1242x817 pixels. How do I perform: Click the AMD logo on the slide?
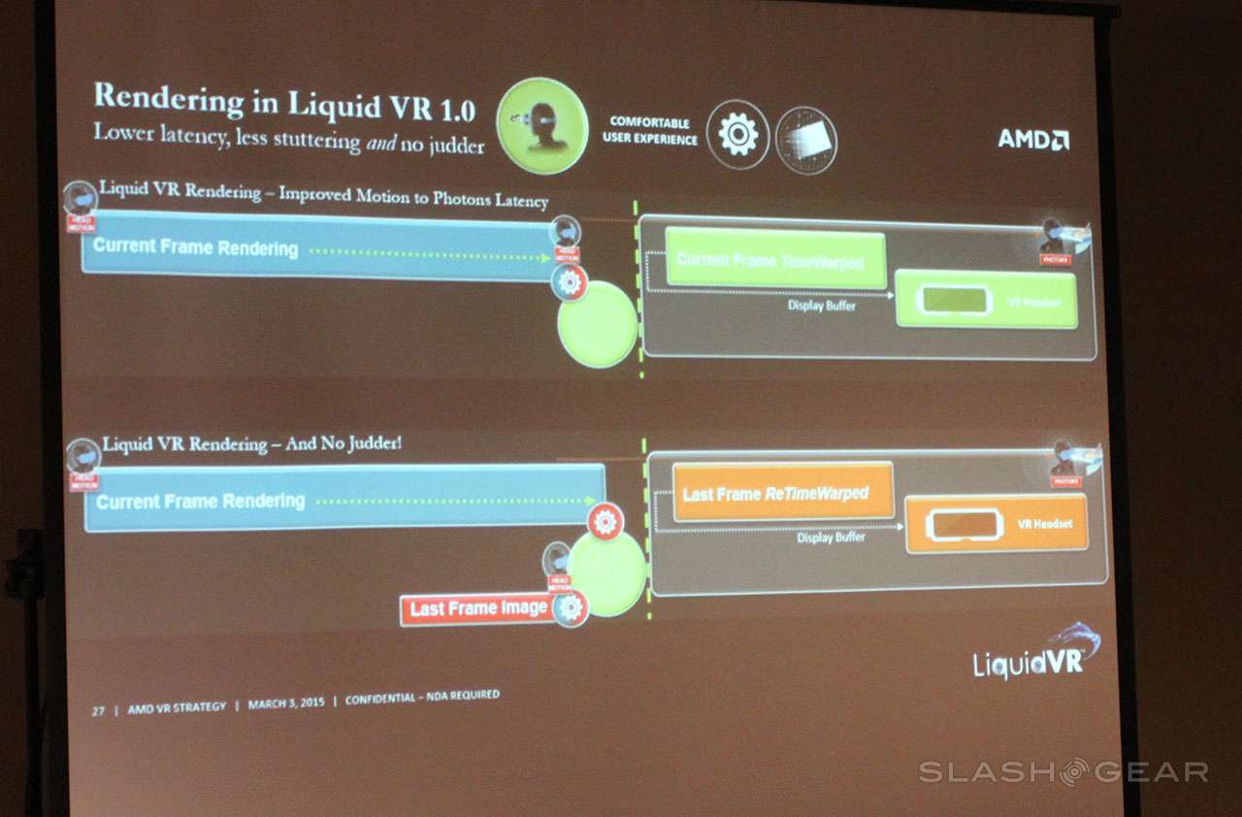tap(1033, 139)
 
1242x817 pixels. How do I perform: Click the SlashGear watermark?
tap(1063, 772)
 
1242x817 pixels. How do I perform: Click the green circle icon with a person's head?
tap(541, 125)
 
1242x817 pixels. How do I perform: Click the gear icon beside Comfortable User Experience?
tap(737, 135)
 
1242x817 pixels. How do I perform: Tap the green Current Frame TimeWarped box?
tap(775, 259)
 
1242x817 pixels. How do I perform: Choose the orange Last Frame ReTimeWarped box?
tap(782, 493)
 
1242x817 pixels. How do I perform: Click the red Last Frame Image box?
tap(477, 609)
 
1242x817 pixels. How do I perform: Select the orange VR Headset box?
tap(996, 524)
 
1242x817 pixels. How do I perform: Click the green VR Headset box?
tap(986, 302)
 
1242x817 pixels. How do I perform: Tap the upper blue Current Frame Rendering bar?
tap(315, 246)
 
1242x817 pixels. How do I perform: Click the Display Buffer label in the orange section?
tap(831, 538)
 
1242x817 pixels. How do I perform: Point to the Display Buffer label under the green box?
tap(821, 307)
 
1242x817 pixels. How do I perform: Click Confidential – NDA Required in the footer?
tap(422, 698)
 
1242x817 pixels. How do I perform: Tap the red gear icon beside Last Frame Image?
tap(571, 608)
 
